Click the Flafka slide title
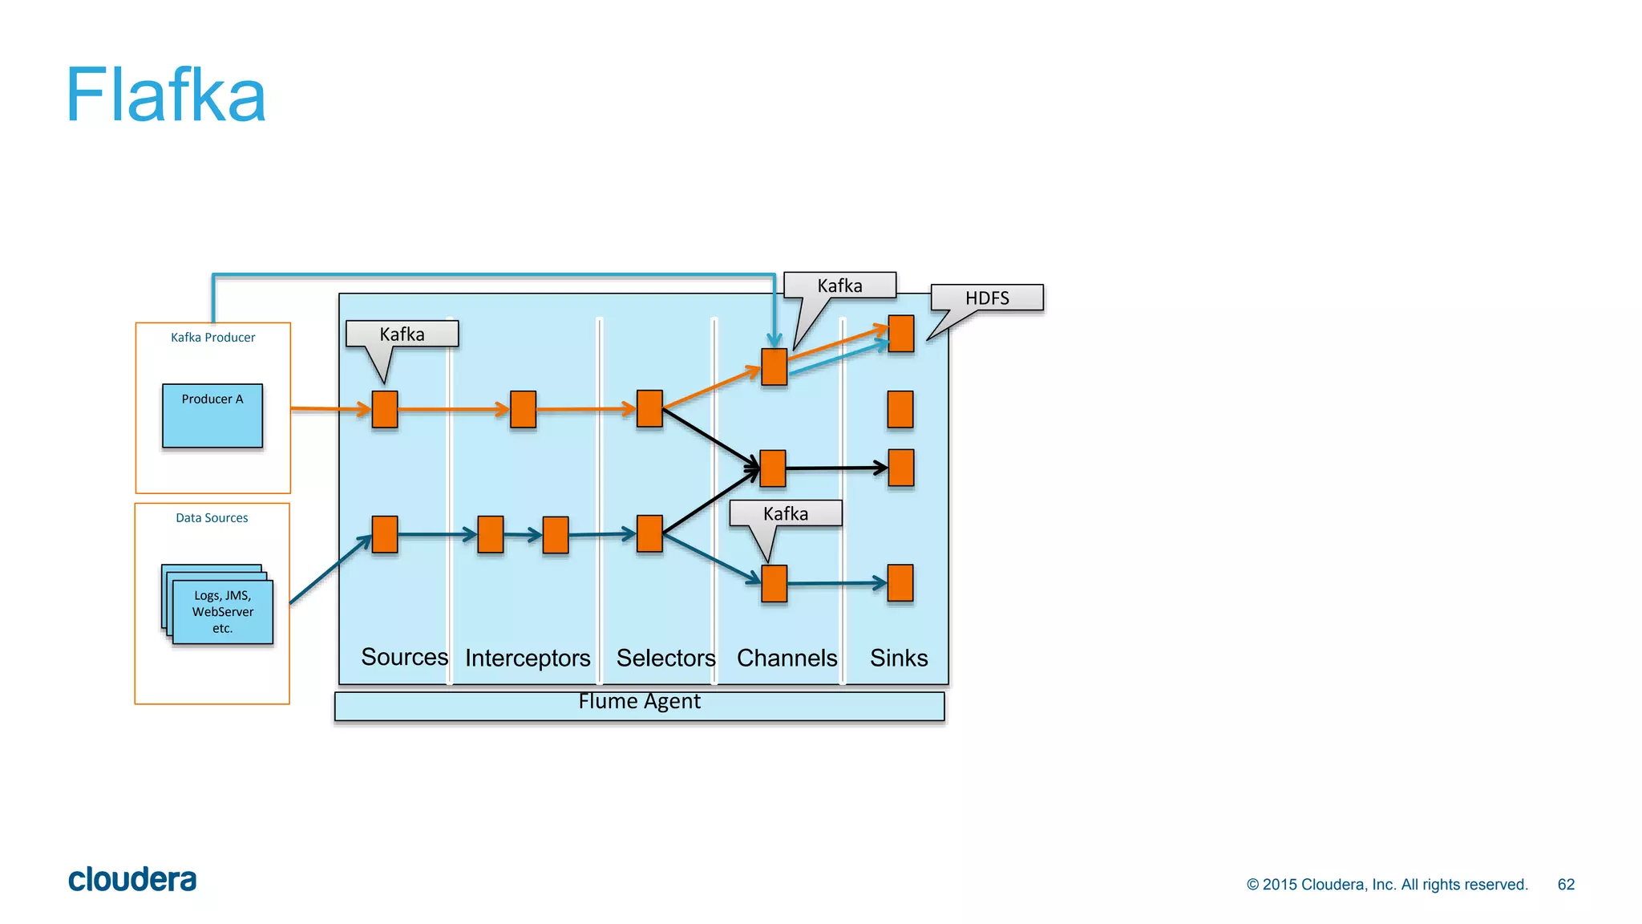[x=165, y=95]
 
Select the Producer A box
[x=212, y=415]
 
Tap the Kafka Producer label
[x=212, y=338]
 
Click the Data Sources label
[x=212, y=518]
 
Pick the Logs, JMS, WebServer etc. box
[x=222, y=612]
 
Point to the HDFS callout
[x=987, y=298]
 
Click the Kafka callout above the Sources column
[x=402, y=334]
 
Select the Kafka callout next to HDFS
[x=839, y=286]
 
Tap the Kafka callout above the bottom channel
[x=786, y=514]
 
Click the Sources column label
[x=404, y=657]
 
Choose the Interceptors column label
[x=528, y=658]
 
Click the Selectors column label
[x=665, y=658]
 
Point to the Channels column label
[x=787, y=658]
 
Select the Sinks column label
[x=899, y=658]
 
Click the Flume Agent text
[x=639, y=702]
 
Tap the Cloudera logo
[x=132, y=880]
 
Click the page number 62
[x=1566, y=885]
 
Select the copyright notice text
[x=1387, y=885]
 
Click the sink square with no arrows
[x=900, y=409]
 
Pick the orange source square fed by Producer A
[x=385, y=409]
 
